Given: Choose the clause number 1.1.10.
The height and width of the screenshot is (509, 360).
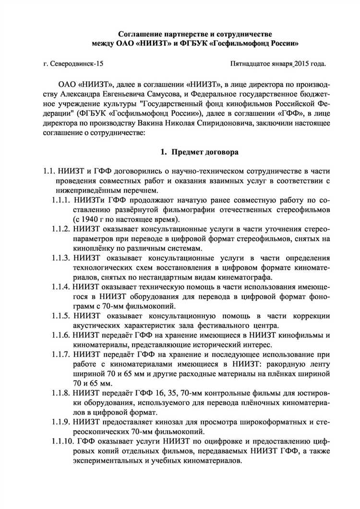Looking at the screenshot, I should click(63, 441).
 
